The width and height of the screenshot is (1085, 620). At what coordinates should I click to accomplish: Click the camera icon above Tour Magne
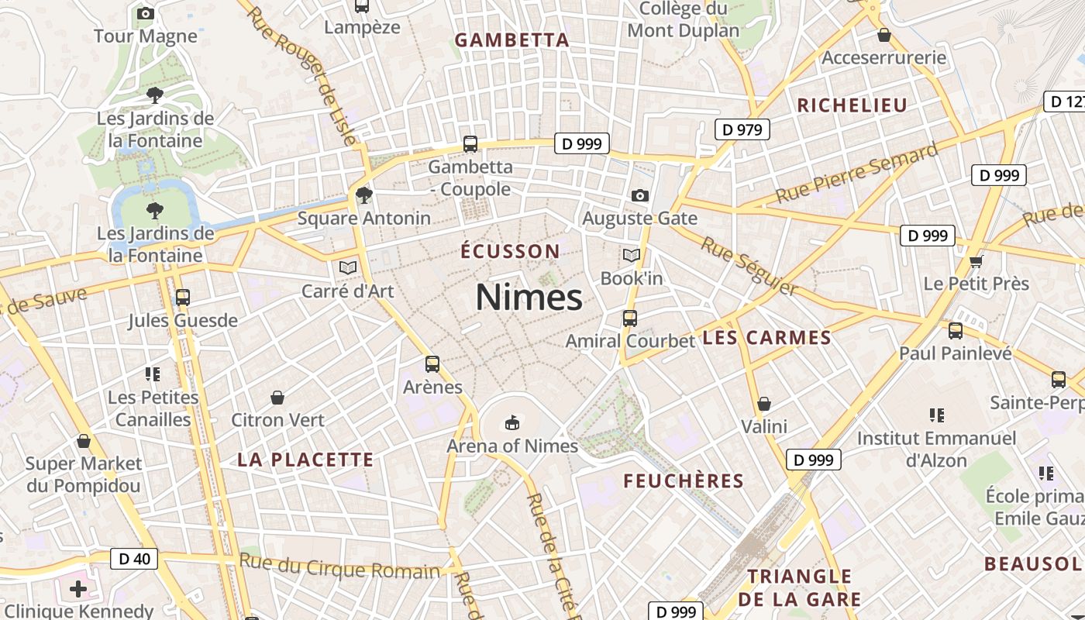point(145,13)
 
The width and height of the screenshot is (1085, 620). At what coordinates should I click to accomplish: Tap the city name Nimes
point(529,298)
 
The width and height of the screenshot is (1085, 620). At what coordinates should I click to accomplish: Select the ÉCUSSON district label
point(510,251)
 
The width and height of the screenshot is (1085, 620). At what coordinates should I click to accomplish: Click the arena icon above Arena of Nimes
point(511,422)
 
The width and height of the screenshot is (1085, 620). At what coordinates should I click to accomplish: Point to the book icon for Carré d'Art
point(348,267)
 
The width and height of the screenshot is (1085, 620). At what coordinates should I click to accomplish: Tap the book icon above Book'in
point(632,255)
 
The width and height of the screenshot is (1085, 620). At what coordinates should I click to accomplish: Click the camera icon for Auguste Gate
point(639,195)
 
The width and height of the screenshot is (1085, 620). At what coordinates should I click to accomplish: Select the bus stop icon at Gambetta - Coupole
point(470,143)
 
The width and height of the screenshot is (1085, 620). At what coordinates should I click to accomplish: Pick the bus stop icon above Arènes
point(432,363)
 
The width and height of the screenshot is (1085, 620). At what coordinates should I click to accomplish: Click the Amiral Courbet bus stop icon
point(630,318)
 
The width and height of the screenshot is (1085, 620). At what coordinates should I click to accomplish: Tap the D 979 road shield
point(742,129)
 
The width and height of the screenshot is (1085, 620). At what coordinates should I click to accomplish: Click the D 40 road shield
point(134,558)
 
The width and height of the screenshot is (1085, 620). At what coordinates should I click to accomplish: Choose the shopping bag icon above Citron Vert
point(277,398)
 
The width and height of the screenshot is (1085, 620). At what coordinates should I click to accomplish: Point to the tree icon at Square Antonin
point(363,195)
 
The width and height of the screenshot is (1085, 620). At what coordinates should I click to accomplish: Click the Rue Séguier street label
point(749,266)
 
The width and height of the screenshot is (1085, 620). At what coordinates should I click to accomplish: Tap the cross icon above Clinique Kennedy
point(78,589)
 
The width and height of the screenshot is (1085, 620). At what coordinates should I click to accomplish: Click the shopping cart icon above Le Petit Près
point(976,261)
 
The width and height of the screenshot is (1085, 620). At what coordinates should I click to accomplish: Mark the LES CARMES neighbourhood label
point(766,338)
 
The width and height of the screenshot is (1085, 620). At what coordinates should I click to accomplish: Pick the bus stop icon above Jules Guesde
point(183,297)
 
